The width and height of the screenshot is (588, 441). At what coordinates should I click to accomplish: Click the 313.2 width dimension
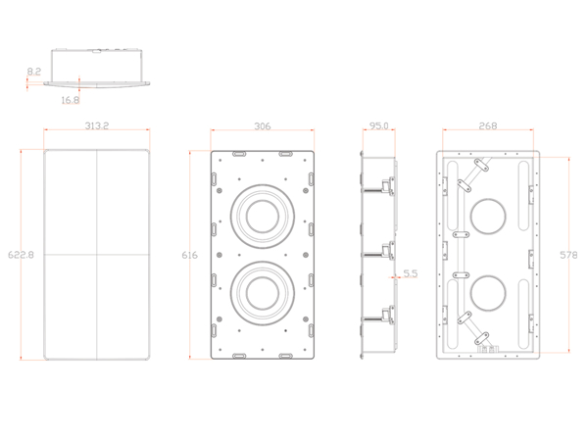[x=97, y=125]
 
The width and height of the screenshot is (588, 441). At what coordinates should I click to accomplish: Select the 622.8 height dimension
[x=21, y=255]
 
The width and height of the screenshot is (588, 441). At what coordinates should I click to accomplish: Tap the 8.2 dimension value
[x=34, y=72]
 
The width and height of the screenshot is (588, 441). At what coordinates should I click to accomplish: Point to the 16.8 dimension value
[x=71, y=100]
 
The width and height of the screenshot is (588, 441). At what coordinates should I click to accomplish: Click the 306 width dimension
[x=263, y=126]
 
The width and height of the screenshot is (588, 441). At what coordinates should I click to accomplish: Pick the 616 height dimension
[x=190, y=256]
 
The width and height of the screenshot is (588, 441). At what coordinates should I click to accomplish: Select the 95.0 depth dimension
[x=378, y=126]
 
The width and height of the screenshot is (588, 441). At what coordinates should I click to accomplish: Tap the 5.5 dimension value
[x=411, y=273]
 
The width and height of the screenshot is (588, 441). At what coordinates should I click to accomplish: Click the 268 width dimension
[x=488, y=126]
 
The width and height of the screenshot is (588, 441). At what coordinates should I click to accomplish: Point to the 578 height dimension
[x=568, y=255]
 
